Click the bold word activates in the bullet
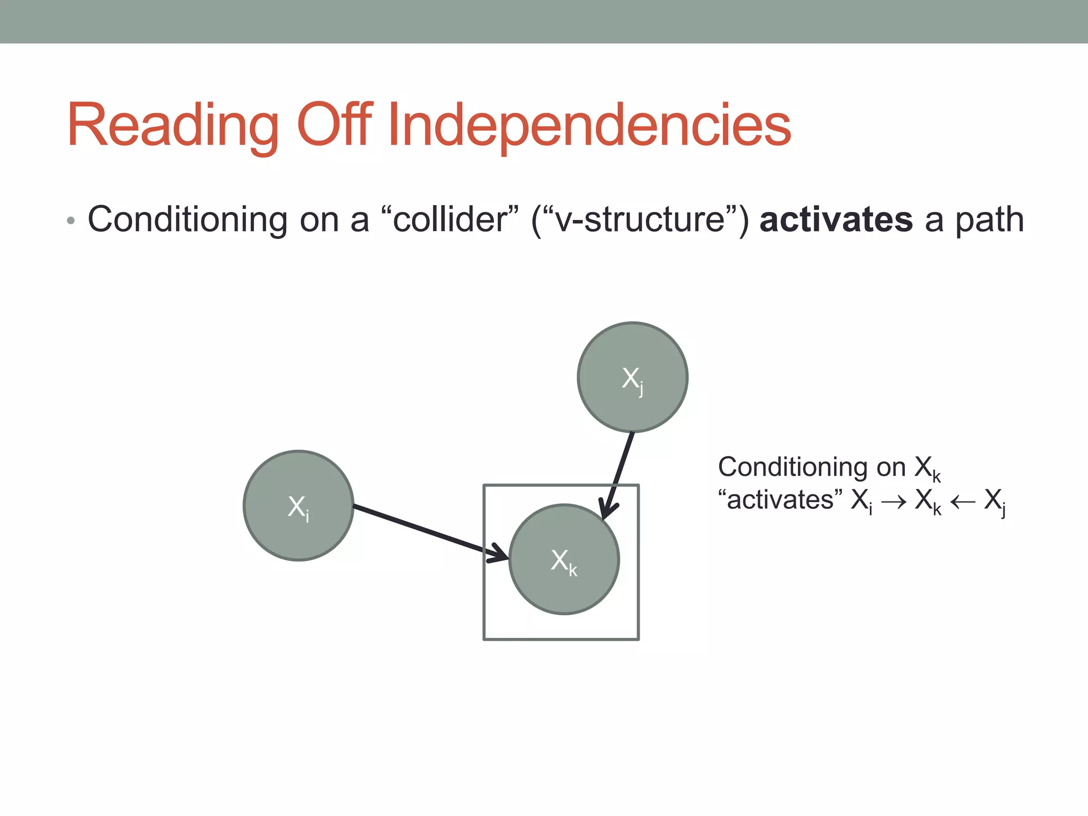point(836,219)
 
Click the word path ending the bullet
point(989,220)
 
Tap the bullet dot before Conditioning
point(71,220)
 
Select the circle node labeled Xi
point(299,506)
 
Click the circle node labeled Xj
point(633,377)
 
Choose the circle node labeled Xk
point(564,559)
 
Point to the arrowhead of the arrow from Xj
point(607,510)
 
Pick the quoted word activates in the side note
point(780,500)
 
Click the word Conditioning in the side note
point(792,467)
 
